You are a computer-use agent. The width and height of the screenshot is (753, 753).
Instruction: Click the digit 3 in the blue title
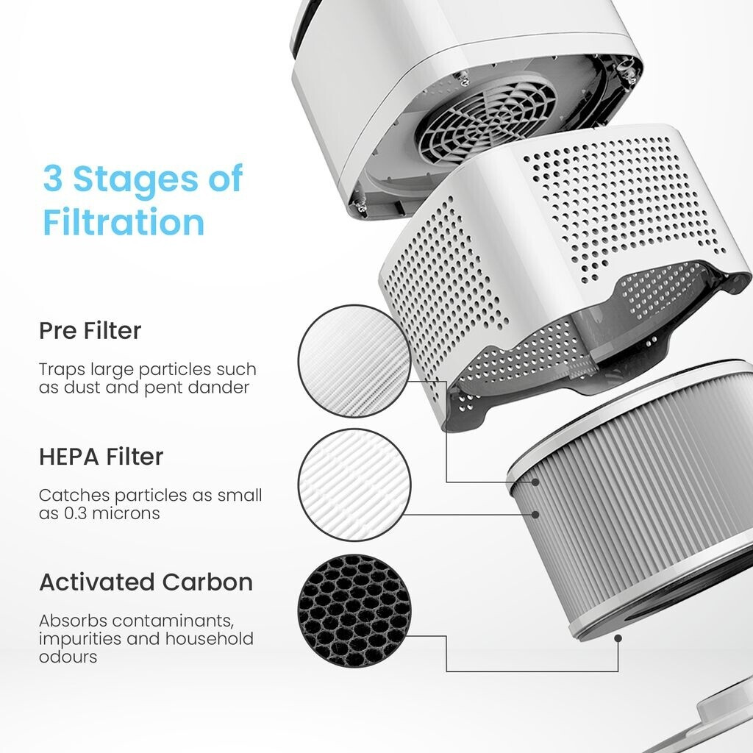pos(53,178)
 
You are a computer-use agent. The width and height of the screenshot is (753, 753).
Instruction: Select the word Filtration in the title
pos(124,222)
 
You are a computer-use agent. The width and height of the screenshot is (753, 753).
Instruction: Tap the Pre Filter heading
pos(90,330)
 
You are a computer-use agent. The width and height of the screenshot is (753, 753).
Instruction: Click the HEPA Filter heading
pos(101,456)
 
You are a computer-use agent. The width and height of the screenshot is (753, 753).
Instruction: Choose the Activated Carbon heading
pos(146,582)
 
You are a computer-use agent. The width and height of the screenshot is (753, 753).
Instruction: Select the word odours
pos(68,657)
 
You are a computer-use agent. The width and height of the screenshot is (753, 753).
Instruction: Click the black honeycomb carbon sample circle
pos(354,611)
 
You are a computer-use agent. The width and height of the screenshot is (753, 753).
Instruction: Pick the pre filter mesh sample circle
pos(354,361)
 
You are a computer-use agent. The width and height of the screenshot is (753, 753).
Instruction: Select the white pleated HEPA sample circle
pos(354,485)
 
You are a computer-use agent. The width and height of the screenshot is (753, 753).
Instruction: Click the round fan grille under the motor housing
pos(486,123)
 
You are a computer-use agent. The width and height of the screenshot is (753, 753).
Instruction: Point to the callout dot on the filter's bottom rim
pos(618,638)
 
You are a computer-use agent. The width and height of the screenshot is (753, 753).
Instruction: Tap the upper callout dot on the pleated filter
pos(535,482)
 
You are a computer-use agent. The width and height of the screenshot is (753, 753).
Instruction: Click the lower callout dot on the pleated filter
pos(535,514)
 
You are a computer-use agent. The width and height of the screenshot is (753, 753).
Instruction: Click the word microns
pos(126,513)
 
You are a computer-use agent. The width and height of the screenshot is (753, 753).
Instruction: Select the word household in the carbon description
pos(210,639)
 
